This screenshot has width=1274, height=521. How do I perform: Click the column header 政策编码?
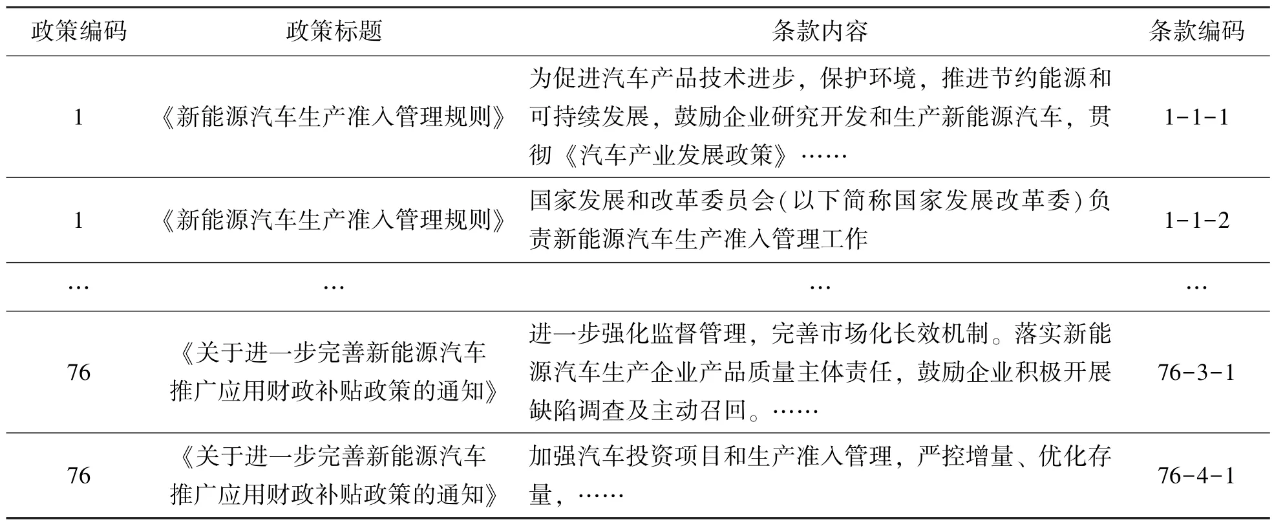pos(79,31)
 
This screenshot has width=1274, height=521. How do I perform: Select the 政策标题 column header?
pos(334,31)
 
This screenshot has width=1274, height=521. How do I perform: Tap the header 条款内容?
pos(820,31)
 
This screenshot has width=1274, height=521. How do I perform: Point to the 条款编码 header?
pos(1196,31)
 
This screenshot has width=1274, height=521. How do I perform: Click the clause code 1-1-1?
pos(1196,117)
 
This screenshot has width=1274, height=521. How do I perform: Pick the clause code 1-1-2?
pos(1196,221)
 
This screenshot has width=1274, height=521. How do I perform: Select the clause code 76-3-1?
pos(1196,373)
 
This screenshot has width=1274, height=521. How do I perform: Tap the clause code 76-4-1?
pos(1196,476)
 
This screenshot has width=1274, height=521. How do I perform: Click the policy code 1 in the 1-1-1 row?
pos(78,117)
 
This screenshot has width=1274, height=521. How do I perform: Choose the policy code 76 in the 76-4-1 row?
pos(79,476)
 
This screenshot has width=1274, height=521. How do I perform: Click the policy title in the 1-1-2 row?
pos(334,221)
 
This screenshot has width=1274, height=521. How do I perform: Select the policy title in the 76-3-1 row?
pos(334,372)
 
